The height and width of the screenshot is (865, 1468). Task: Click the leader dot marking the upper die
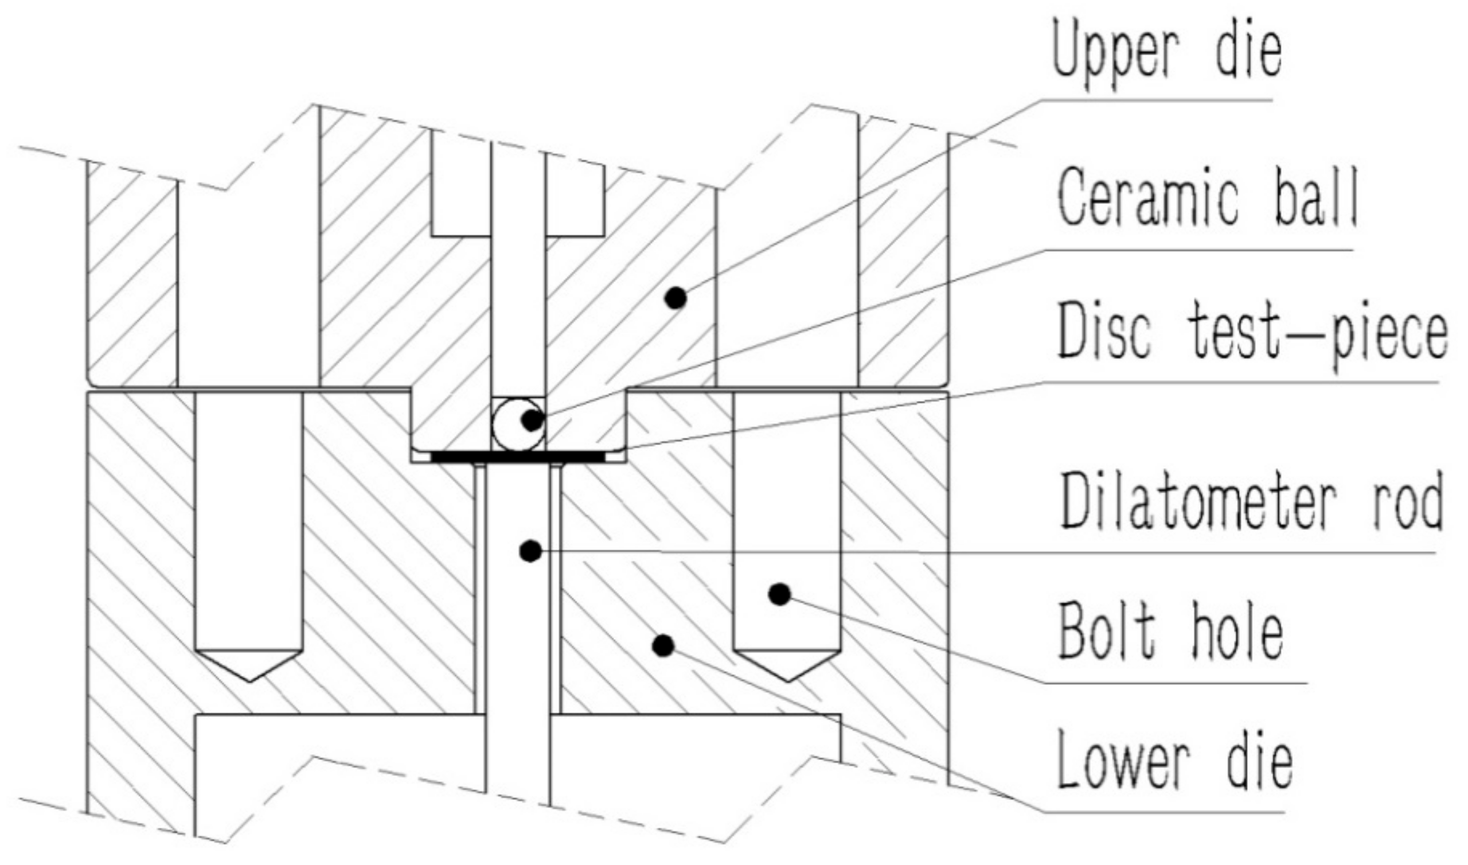tap(676, 298)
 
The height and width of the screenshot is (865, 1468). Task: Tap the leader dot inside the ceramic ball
tap(531, 420)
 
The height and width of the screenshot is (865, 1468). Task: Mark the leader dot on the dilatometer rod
tap(529, 551)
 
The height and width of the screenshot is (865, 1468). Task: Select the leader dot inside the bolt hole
tap(779, 594)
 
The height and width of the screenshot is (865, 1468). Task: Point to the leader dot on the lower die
tap(663, 645)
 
